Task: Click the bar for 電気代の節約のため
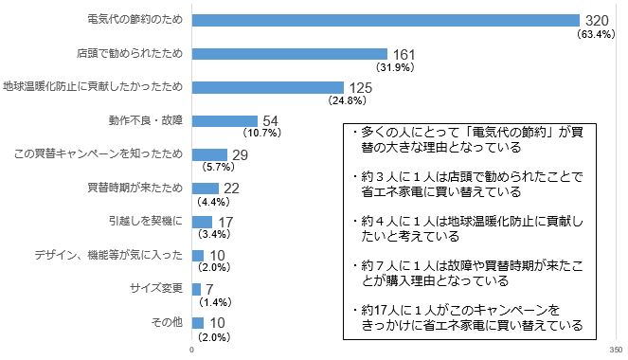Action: (386, 20)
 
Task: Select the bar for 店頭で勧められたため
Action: (289, 53)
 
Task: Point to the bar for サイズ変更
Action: (196, 289)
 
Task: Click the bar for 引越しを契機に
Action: (202, 222)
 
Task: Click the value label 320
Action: (597, 20)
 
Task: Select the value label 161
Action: (404, 54)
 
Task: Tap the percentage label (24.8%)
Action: (345, 100)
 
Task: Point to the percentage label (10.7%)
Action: (261, 134)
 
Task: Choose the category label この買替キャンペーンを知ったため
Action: (94, 154)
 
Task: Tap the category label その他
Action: (168, 322)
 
